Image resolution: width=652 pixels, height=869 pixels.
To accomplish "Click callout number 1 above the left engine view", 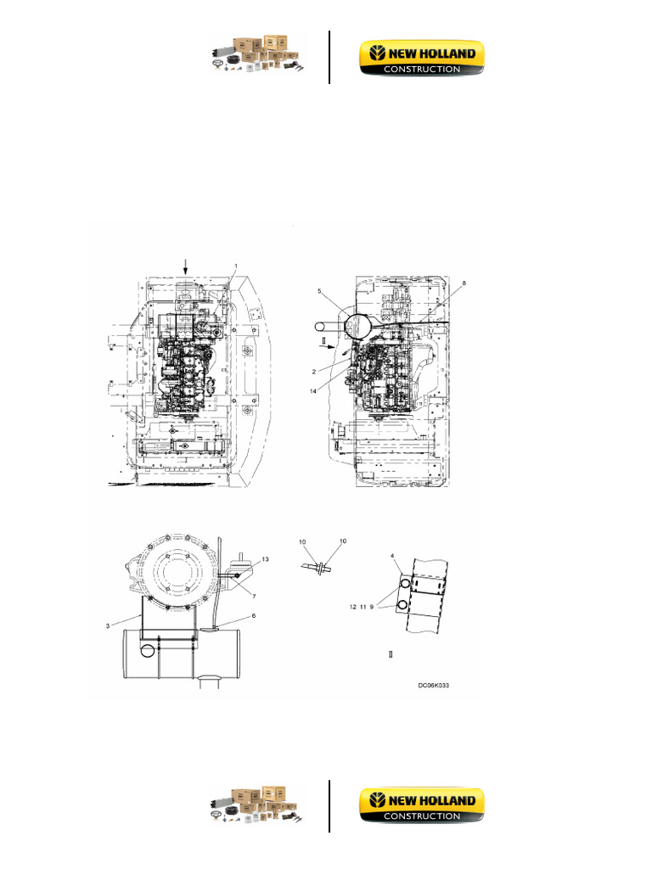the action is [x=236, y=266].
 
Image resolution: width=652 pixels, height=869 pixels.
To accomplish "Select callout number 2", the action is [x=314, y=372].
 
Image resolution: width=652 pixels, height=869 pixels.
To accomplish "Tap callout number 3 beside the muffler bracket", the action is [x=108, y=626].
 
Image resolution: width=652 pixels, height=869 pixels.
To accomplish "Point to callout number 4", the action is [x=392, y=556].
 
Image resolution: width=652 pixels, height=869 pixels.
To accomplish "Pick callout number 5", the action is [x=319, y=291].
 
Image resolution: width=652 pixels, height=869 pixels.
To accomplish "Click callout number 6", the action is [x=254, y=616].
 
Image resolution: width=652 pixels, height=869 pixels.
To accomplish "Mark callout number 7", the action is [x=254, y=597].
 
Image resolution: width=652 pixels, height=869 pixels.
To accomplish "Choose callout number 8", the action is [x=464, y=283].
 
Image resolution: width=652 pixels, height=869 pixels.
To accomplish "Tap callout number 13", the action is [x=266, y=559].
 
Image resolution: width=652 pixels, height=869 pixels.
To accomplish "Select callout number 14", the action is [x=313, y=391].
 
